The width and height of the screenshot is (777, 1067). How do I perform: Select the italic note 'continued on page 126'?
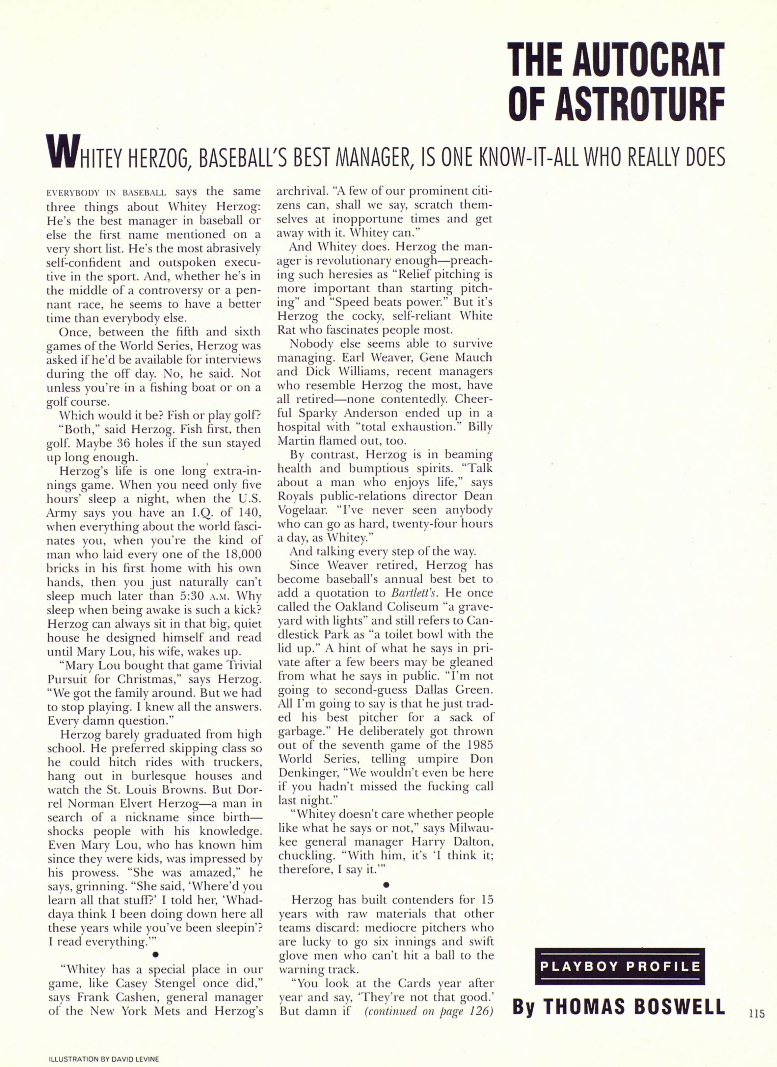click(428, 1011)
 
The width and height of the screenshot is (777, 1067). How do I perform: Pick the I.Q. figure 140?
click(247, 512)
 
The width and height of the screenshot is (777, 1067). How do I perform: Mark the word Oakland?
click(357, 606)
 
